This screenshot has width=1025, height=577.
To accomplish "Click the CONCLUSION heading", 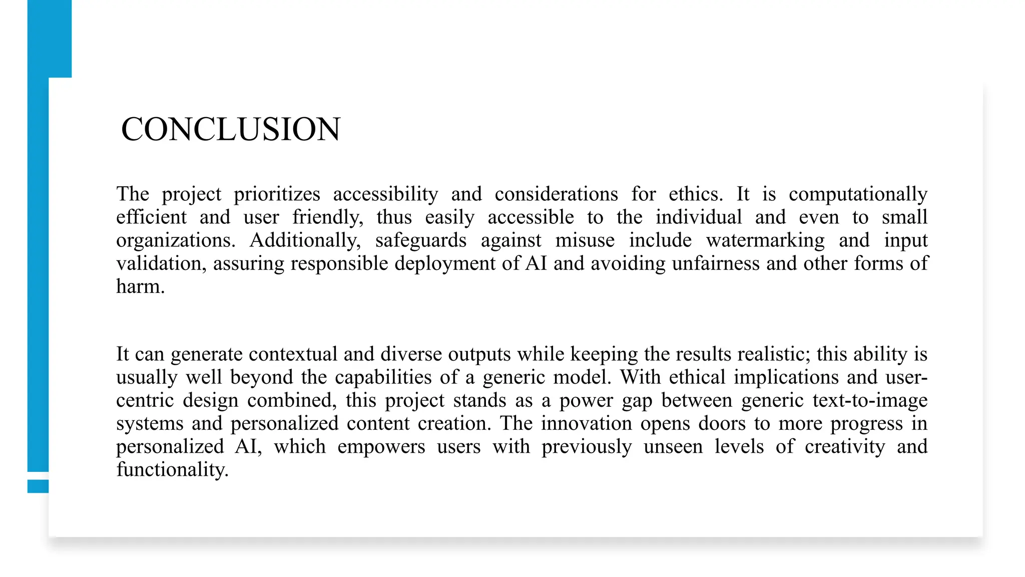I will coord(231,129).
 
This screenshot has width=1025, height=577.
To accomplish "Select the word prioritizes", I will coord(277,194).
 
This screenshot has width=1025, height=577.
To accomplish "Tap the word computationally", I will coord(858,194).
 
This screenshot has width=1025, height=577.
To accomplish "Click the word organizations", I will coord(176,240).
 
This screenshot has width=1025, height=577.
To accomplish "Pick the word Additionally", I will coord(305,240).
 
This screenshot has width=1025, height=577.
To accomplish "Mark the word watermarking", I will coord(765,240).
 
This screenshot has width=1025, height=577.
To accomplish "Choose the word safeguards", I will coord(421,240).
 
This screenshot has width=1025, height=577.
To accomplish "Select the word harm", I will coord(140,286).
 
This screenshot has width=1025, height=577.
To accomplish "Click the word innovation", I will coord(586,423).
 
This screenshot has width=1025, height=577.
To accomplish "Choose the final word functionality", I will coord(172,470).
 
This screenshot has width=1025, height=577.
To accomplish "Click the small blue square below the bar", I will coord(38,486).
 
